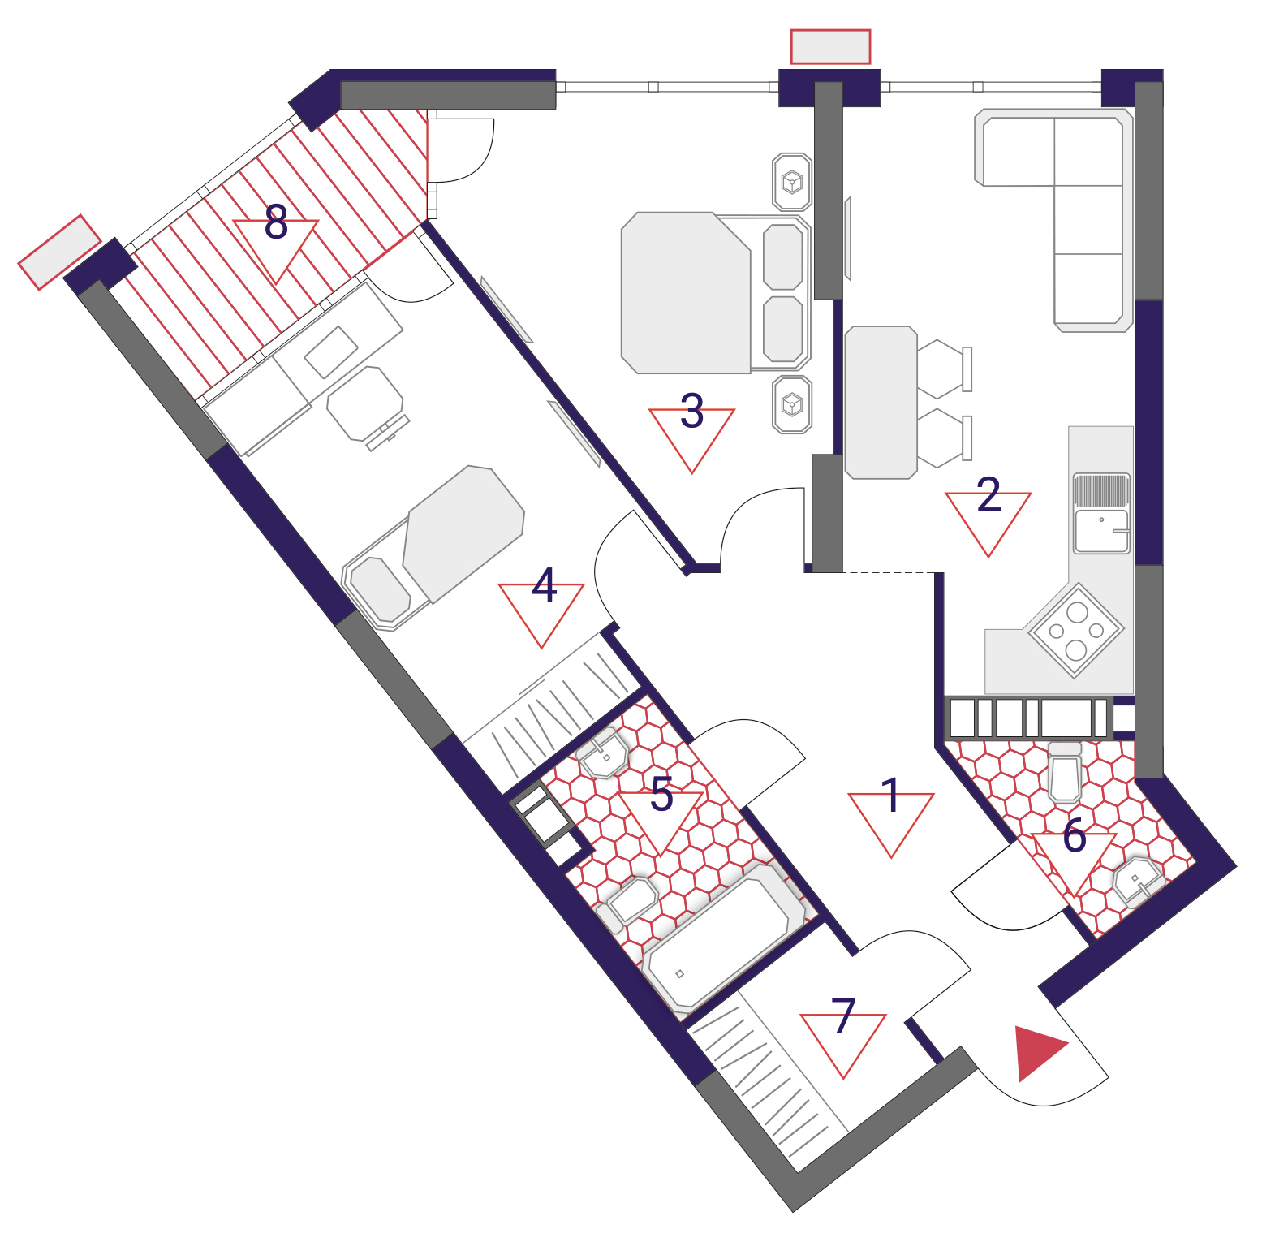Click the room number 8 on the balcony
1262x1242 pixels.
(276, 222)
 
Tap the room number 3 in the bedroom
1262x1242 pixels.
(691, 411)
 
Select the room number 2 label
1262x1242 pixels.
(988, 494)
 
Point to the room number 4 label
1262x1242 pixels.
(544, 585)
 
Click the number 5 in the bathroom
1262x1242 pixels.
(661, 794)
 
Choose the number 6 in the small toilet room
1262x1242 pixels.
(1074, 835)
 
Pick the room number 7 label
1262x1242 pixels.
(843, 1016)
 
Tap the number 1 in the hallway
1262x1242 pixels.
(890, 795)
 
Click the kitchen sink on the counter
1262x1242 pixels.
(1101, 513)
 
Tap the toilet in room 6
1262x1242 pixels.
(1065, 771)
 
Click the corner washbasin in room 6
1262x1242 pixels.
(1139, 881)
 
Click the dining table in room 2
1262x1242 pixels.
(881, 403)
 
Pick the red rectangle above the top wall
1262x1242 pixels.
(830, 46)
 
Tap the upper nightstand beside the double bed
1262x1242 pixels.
(791, 182)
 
